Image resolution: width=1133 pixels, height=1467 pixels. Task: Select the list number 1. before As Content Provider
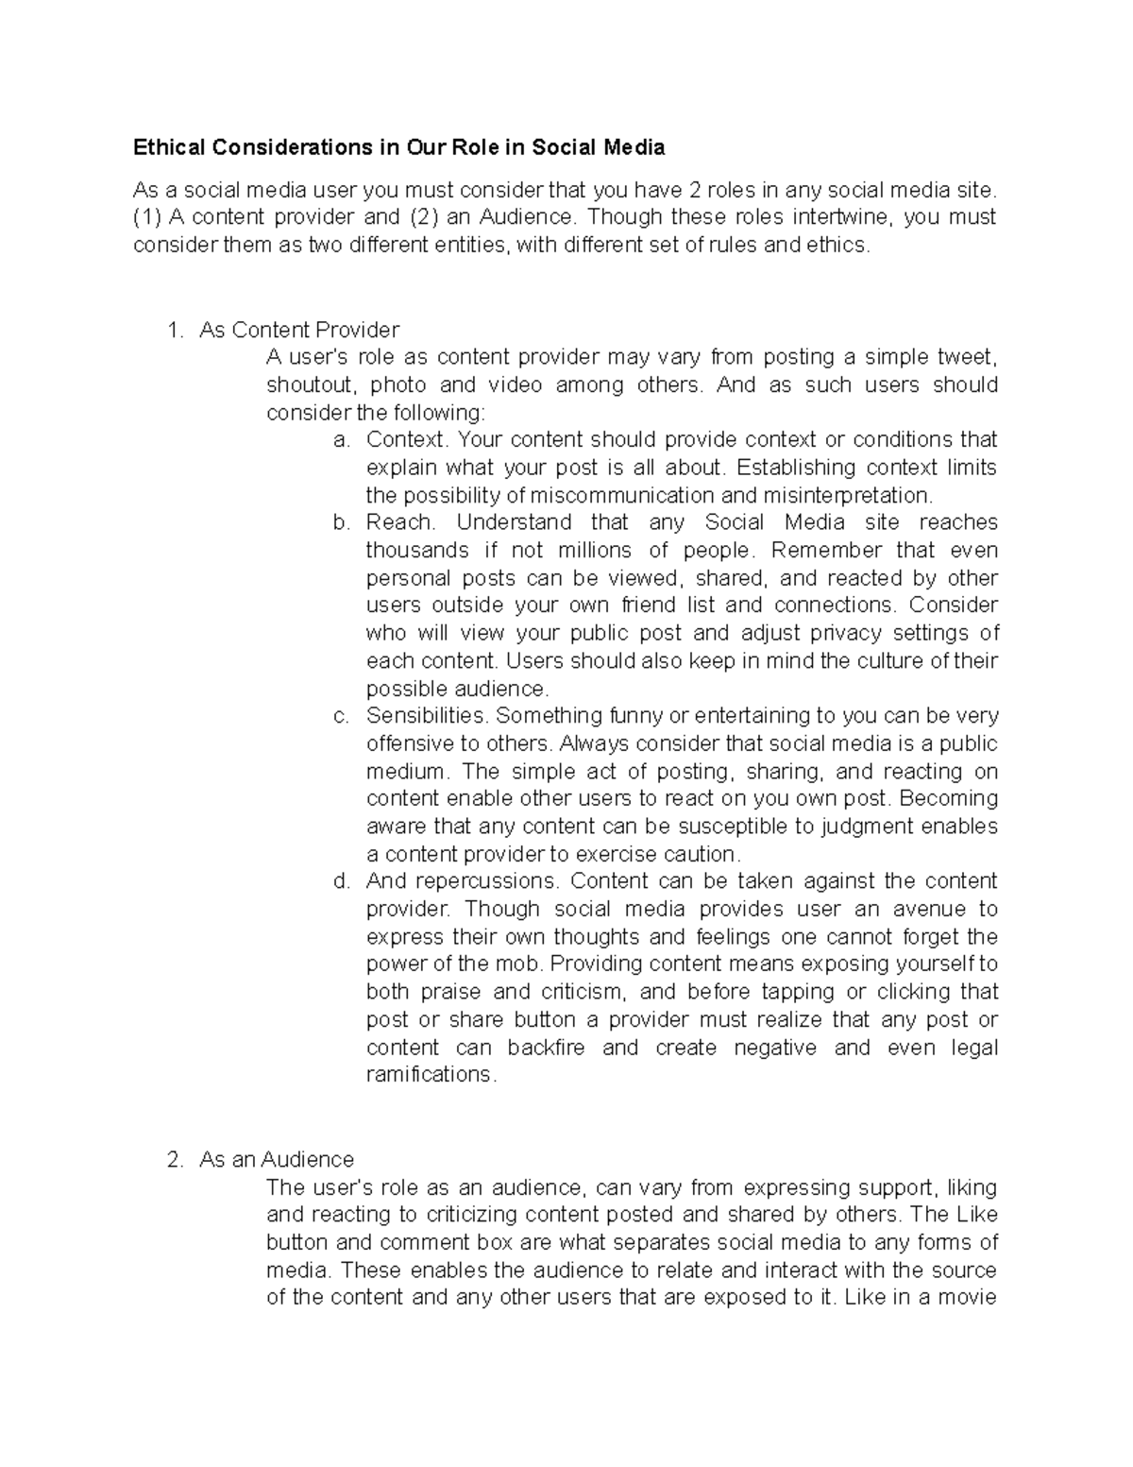(173, 330)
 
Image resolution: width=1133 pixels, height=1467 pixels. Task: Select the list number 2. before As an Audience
(173, 1159)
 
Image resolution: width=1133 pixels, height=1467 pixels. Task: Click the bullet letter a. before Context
(342, 440)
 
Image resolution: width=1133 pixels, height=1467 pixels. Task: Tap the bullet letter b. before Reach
(342, 522)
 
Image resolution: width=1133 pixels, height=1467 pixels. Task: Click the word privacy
(840, 633)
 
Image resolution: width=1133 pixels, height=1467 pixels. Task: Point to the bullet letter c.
(342, 716)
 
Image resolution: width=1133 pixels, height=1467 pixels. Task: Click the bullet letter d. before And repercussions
(342, 881)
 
